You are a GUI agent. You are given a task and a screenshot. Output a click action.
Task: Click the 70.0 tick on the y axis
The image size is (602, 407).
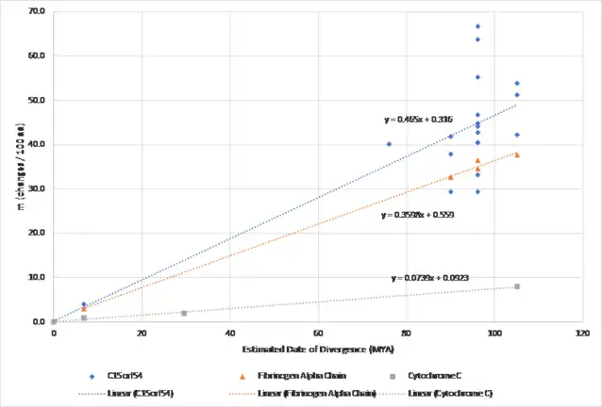pos(39,11)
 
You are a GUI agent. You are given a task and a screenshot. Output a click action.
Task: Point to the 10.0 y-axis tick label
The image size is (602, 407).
pos(39,277)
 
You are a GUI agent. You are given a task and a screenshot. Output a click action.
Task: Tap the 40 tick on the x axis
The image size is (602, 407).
pos(229,333)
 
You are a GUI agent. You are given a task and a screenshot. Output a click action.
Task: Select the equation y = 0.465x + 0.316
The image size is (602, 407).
pos(418,120)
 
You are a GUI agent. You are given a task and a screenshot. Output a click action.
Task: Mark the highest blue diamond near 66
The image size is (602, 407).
pos(477,26)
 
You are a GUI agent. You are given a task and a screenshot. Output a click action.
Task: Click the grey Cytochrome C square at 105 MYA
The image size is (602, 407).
pos(517,285)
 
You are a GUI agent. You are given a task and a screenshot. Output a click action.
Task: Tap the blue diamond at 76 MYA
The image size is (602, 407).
pos(389,144)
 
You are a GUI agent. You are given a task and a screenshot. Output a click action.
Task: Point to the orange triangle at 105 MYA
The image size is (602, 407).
pos(517,155)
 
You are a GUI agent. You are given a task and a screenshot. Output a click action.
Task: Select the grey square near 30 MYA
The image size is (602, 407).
pos(184,313)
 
